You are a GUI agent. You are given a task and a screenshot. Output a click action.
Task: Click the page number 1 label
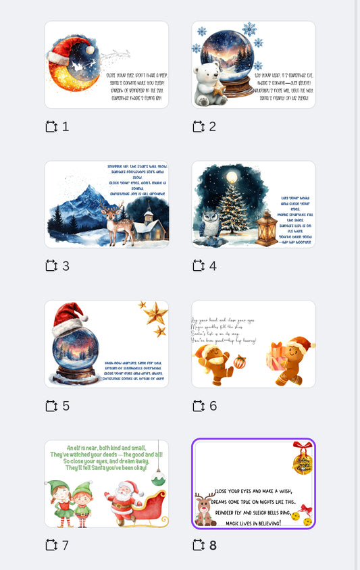point(66,126)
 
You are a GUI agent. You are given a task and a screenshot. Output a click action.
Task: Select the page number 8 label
point(213,545)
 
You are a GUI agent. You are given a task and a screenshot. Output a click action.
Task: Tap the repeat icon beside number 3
point(51,266)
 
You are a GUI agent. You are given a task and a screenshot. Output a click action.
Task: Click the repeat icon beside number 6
point(199,406)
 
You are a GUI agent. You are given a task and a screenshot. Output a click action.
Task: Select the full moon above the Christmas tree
point(232,177)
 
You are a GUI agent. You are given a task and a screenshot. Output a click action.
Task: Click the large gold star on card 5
point(155,312)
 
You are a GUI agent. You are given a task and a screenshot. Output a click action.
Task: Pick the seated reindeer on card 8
point(205,509)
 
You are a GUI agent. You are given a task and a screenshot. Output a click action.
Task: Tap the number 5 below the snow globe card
point(66,406)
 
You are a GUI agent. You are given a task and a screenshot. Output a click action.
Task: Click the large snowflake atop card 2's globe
point(249,30)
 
